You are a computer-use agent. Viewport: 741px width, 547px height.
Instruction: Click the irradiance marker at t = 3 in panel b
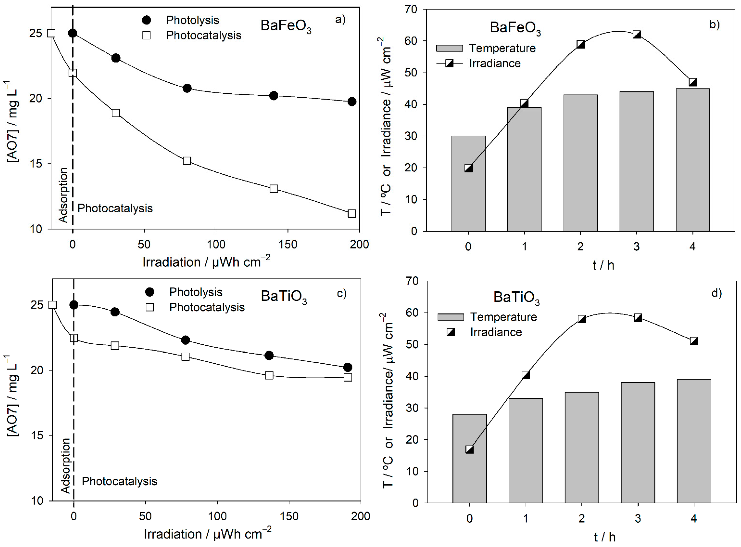tap(636, 34)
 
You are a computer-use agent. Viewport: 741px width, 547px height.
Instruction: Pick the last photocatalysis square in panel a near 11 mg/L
tap(352, 213)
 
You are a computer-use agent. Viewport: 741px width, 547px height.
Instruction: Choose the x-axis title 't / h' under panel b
tap(603, 265)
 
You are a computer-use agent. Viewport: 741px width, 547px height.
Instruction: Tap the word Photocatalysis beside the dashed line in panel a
tap(115, 208)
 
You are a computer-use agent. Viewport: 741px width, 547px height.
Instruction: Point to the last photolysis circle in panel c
tap(347, 367)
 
